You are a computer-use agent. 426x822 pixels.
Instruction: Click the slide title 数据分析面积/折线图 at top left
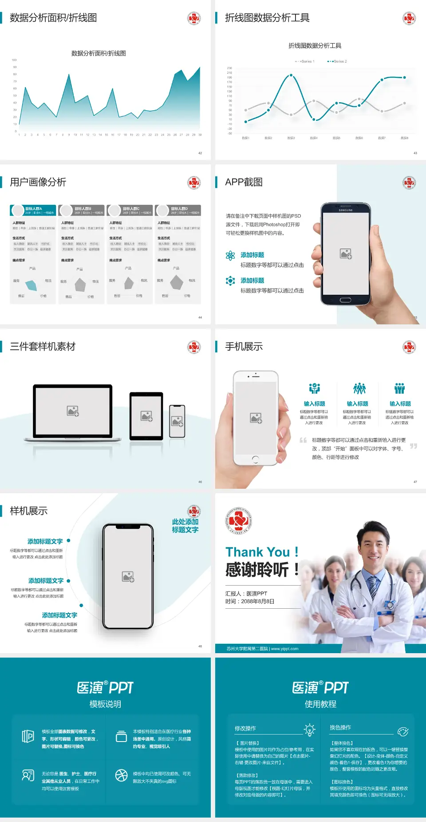point(53,18)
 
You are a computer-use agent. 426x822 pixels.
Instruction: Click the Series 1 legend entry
point(305,61)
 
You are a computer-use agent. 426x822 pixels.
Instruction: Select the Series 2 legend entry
point(338,61)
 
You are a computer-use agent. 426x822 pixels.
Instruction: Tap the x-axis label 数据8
point(404,138)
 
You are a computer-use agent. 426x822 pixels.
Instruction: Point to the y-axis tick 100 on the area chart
point(14,60)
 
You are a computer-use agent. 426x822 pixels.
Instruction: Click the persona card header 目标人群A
point(34,209)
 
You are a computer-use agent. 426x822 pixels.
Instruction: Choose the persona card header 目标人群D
point(179,209)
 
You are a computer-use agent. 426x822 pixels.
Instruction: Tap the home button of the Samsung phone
point(345,300)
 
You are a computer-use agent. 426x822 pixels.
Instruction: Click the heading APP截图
point(244,182)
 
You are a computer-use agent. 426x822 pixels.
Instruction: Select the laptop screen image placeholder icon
point(73,411)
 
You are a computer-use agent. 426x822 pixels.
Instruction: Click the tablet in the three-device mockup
point(146,416)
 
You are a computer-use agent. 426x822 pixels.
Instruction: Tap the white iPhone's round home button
point(255,459)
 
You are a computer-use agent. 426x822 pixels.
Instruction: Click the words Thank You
point(257,552)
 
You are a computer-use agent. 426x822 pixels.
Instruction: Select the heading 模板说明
point(105,704)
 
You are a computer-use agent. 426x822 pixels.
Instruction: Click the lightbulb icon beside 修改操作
point(310,730)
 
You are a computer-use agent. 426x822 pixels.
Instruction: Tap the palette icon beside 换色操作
point(403,732)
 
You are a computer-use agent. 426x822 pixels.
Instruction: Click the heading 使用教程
point(320,704)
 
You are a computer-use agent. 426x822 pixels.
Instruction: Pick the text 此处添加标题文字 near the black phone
point(185,526)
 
